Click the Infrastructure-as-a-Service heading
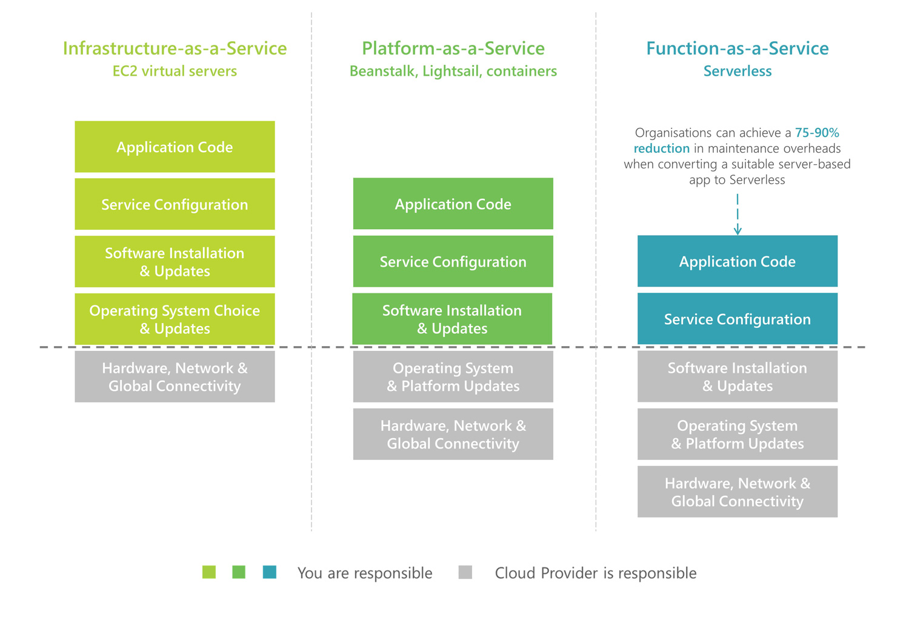175,48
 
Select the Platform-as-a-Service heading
453,48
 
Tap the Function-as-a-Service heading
738,48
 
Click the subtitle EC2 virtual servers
175,71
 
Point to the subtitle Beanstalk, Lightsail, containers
453,72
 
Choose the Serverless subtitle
738,71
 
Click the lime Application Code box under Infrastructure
175,147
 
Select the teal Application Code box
738,261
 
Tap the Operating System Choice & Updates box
175,319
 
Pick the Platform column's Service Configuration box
453,261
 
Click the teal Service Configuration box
738,319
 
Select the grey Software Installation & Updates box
738,376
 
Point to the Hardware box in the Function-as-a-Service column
738,492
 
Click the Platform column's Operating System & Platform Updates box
453,376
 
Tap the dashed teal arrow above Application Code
738,214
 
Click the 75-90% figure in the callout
817,133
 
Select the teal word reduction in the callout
662,148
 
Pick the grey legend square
465,572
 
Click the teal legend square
270,572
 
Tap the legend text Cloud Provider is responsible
596,573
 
